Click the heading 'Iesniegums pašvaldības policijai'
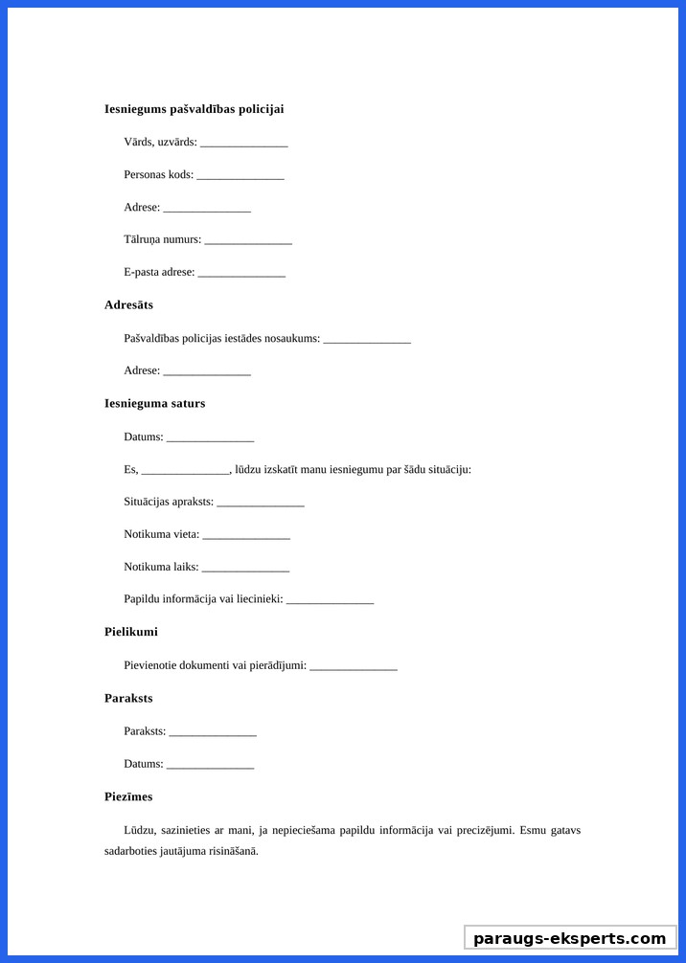pyautogui.click(x=194, y=109)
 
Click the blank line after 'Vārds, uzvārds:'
pyautogui.click(x=244, y=143)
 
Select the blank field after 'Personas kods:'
pyautogui.click(x=240, y=175)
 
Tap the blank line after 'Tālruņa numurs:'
pyautogui.click(x=248, y=240)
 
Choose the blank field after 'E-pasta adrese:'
pyautogui.click(x=241, y=273)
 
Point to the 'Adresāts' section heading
pyautogui.click(x=128, y=305)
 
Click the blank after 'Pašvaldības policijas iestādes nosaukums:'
pyautogui.click(x=367, y=339)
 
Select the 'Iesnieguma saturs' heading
pyautogui.click(x=154, y=404)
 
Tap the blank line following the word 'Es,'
pyautogui.click(x=186, y=470)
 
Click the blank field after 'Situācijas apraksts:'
pyautogui.click(x=261, y=503)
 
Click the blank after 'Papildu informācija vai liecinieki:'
pyautogui.click(x=330, y=600)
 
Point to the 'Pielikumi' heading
pyautogui.click(x=131, y=632)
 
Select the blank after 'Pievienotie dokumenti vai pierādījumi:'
pyautogui.click(x=354, y=666)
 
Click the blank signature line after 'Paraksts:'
pyautogui.click(x=213, y=732)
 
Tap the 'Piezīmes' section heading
pyautogui.click(x=128, y=797)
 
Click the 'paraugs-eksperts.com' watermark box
pyautogui.click(x=569, y=938)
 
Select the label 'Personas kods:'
pyautogui.click(x=159, y=175)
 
